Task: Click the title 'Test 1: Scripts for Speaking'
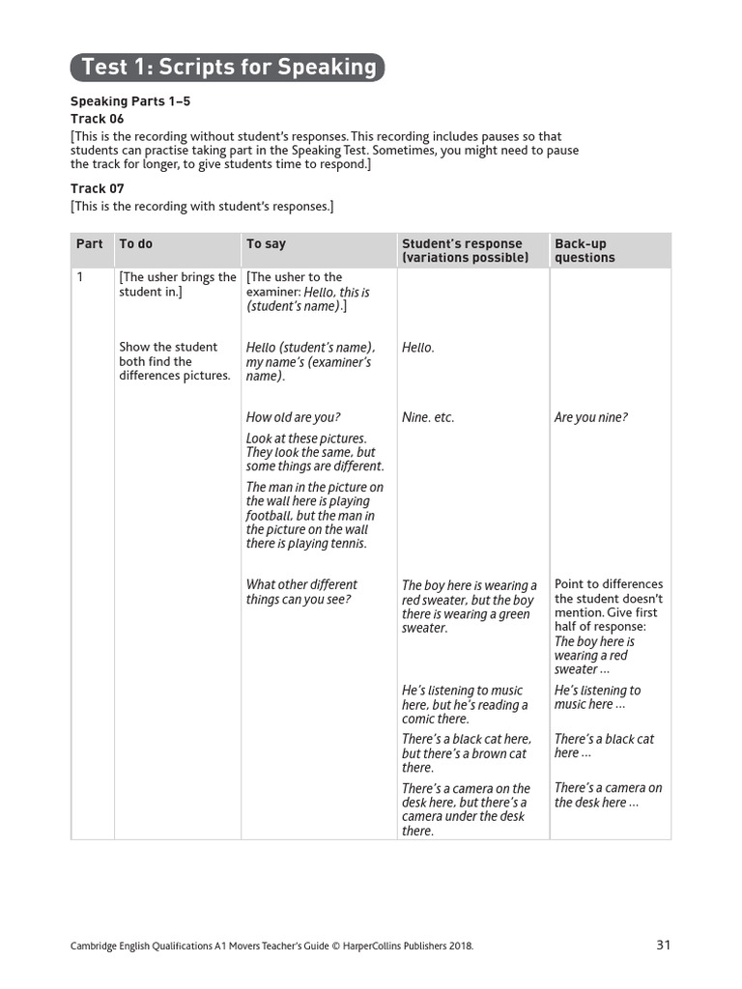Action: click(x=228, y=67)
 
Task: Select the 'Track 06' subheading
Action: click(x=98, y=119)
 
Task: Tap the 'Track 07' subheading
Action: click(x=98, y=188)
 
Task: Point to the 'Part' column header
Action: click(x=89, y=244)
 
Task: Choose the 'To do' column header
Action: click(x=136, y=244)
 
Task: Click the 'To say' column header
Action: click(x=266, y=244)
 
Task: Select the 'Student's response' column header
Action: click(x=465, y=251)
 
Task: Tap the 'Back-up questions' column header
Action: click(x=585, y=251)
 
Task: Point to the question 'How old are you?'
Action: click(x=293, y=417)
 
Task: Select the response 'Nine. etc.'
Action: click(x=428, y=417)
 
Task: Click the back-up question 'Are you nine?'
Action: click(x=590, y=417)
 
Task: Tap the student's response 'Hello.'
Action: click(x=418, y=348)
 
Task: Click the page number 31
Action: click(x=663, y=945)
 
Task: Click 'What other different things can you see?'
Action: click(x=301, y=592)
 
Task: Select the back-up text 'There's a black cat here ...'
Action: click(x=604, y=746)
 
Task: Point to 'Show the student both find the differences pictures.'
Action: click(x=174, y=361)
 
